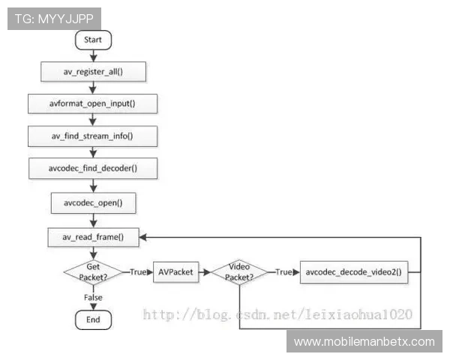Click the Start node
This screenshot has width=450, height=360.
point(93,39)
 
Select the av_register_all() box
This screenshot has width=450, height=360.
point(93,70)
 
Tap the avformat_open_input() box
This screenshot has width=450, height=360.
point(93,103)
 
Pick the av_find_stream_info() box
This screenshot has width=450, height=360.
point(93,136)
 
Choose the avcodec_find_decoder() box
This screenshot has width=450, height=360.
point(93,169)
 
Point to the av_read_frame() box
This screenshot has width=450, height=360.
point(93,237)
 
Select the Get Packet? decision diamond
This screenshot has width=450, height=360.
point(93,272)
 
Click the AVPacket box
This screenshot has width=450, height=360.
point(175,272)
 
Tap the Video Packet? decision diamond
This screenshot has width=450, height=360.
point(239,272)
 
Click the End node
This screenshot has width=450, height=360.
point(93,319)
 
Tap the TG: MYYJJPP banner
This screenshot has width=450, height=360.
point(54,18)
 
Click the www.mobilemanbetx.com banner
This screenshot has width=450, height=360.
point(364,342)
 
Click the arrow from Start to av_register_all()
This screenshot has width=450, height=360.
point(93,55)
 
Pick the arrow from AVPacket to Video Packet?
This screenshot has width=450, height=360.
point(204,272)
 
